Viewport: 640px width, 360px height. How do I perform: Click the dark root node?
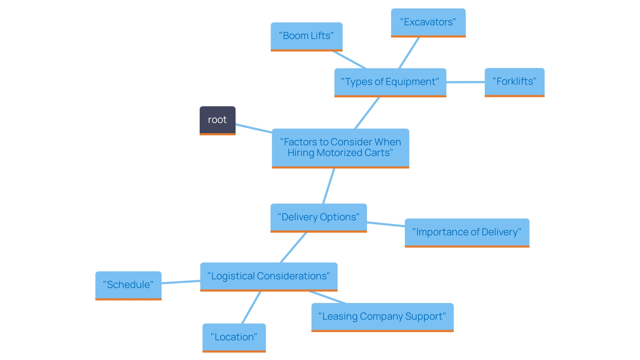click(217, 120)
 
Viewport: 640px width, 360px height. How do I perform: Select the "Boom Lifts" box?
click(306, 36)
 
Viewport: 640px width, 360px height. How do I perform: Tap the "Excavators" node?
click(428, 22)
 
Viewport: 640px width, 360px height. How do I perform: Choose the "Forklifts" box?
click(514, 82)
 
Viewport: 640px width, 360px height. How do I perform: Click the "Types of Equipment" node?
click(390, 82)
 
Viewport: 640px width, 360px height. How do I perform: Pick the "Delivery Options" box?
click(318, 217)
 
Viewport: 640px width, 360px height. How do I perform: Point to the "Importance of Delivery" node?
click(467, 232)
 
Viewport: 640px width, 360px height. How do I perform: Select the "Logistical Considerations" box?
click(269, 276)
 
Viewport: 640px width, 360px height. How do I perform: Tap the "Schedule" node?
click(128, 285)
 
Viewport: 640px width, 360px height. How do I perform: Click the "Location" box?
click(234, 337)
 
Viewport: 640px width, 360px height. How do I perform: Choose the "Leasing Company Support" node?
click(382, 317)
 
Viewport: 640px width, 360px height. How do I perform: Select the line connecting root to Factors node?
click(254, 129)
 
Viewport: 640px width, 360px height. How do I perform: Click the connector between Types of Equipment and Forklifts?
click(465, 82)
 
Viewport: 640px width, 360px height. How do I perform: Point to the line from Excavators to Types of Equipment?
click(409, 53)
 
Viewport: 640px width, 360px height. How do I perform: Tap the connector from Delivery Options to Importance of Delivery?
click(386, 224)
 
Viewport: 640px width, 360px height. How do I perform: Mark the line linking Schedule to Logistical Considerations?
click(181, 282)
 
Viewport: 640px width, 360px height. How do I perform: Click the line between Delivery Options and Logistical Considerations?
click(293, 248)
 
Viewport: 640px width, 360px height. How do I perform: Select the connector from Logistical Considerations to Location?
click(251, 308)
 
